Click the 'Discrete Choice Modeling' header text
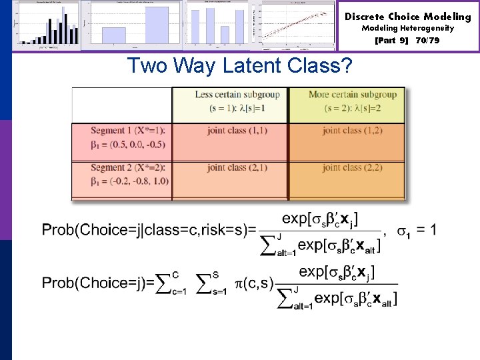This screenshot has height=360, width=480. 407,17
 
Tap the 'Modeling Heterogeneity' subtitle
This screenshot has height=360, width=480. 407,28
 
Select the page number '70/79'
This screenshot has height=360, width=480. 427,40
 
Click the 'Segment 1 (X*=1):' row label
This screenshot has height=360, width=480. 120,131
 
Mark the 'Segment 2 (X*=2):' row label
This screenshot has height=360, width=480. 120,167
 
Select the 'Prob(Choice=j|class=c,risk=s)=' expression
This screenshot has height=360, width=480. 149,231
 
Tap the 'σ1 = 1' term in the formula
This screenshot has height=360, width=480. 417,231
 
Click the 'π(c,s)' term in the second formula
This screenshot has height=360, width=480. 255,283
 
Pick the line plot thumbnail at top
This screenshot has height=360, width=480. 299,25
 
